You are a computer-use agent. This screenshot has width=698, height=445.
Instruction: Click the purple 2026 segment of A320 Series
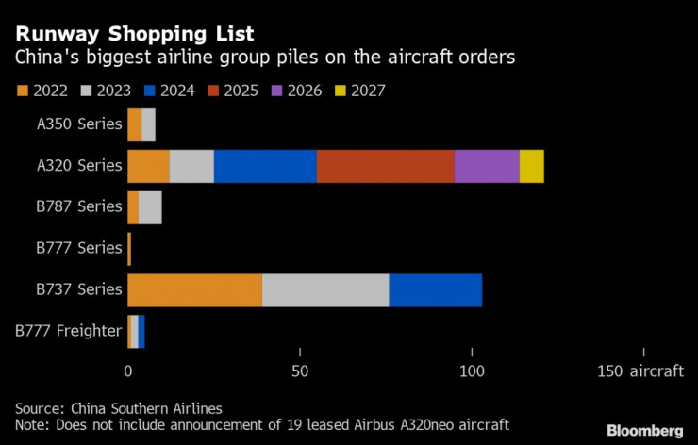[x=487, y=166]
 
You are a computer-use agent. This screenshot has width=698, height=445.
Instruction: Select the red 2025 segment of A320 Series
[x=385, y=166]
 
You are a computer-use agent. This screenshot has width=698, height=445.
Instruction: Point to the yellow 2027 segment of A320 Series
[x=531, y=166]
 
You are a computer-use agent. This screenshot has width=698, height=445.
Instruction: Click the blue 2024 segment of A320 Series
[x=265, y=166]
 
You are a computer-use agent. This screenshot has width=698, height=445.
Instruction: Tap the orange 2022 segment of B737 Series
[x=194, y=289]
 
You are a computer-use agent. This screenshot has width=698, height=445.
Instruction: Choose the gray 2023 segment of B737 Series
[x=325, y=289]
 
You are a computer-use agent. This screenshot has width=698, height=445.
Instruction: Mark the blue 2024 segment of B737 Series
[x=435, y=289]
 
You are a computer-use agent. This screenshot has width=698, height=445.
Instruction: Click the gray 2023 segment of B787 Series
[x=150, y=206]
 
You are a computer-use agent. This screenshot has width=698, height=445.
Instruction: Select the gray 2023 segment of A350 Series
[x=148, y=124]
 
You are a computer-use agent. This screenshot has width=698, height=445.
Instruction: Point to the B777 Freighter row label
[x=69, y=330]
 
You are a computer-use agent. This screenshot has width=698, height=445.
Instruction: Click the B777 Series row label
[x=79, y=248]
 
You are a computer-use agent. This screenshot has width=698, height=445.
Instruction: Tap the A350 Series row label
[x=79, y=124]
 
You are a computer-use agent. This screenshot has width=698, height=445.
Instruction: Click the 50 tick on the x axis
[x=300, y=371]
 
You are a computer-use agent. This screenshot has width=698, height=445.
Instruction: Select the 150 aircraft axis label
[x=640, y=371]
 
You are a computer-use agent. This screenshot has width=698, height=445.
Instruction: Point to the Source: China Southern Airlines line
[x=119, y=408]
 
